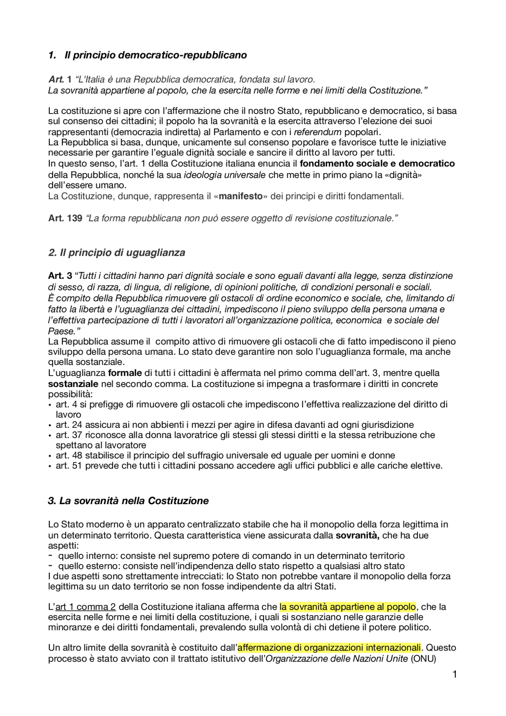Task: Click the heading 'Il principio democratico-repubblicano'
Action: point(155,55)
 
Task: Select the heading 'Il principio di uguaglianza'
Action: point(122,253)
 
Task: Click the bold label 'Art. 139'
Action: point(65,218)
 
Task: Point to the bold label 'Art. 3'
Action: point(60,276)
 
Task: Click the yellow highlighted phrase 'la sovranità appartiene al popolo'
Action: point(347,607)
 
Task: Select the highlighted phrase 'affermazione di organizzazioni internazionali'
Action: point(329,648)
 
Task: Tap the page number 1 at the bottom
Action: point(455,674)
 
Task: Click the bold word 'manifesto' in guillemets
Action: point(240,196)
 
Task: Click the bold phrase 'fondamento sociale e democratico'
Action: point(377,164)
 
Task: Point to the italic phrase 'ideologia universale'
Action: point(225,175)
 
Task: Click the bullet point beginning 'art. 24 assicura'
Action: point(235,425)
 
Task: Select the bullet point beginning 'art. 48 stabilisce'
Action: point(225,455)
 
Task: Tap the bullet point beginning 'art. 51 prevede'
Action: point(249,466)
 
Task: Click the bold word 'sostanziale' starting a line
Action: point(73,384)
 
